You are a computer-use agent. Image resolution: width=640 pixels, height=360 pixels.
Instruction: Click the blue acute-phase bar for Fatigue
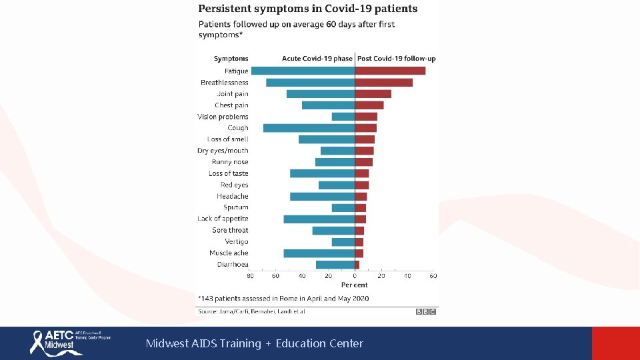[303, 71]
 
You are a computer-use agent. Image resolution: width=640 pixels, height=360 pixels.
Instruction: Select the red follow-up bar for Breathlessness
[383, 83]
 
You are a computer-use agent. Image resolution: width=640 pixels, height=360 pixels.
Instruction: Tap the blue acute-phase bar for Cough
[309, 128]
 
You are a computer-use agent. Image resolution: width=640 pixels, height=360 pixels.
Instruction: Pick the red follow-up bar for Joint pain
[373, 94]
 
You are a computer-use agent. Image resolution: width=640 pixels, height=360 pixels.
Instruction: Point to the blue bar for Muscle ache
[319, 253]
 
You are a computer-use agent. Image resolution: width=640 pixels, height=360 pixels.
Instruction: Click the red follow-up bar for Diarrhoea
[357, 265]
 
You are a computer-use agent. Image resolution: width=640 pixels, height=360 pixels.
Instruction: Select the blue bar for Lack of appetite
[319, 219]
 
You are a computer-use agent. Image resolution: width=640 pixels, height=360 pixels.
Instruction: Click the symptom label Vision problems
[223, 117]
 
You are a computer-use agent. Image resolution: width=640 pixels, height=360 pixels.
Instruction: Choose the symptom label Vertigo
[237, 241]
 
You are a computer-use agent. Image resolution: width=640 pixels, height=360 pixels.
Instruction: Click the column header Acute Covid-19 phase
[317, 59]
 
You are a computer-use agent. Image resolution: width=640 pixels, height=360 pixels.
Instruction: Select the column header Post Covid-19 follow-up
[397, 59]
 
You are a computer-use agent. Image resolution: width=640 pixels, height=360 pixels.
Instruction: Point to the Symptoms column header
[231, 59]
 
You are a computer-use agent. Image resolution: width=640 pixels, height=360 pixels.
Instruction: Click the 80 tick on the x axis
[250, 275]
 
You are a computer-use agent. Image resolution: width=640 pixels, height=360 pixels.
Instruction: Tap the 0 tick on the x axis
[355, 275]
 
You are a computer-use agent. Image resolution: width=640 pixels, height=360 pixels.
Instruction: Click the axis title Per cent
[355, 285]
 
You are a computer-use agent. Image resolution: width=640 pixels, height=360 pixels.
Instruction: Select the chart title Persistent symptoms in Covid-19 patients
[307, 9]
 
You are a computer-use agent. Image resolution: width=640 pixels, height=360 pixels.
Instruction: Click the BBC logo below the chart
[426, 311]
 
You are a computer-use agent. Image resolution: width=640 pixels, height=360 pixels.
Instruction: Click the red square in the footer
[615, 343]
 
